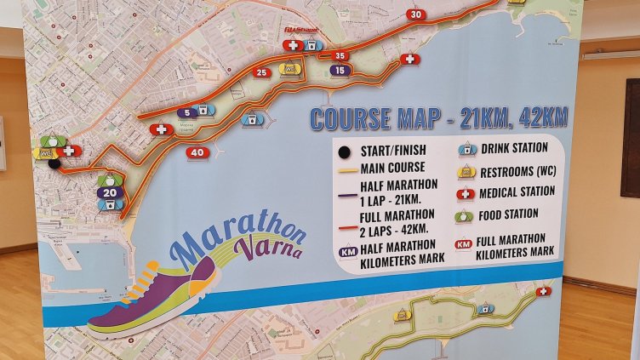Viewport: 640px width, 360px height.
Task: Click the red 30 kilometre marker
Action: (x=415, y=14)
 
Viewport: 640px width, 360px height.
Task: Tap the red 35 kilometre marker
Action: (x=340, y=56)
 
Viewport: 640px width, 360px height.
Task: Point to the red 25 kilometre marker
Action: (x=262, y=73)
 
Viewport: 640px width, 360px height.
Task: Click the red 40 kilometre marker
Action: (x=197, y=152)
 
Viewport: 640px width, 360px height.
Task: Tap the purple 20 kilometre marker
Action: (x=110, y=192)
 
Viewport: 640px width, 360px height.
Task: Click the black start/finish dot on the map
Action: (x=54, y=163)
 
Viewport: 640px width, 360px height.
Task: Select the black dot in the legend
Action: (x=344, y=152)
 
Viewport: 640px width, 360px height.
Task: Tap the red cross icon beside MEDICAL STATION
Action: (x=465, y=193)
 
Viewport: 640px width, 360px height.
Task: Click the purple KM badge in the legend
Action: (x=347, y=252)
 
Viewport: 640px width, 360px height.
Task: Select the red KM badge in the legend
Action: (x=463, y=244)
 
